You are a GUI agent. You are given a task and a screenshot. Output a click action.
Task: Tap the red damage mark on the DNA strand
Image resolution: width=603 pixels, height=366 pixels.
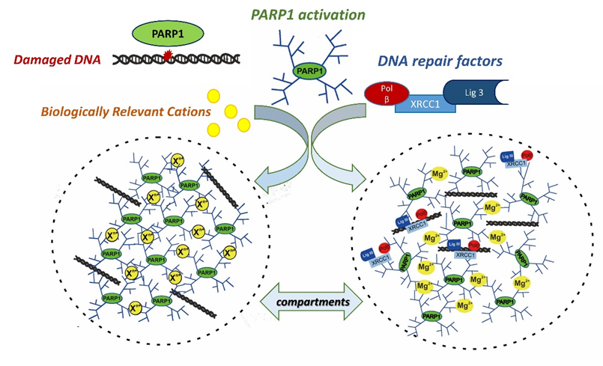(168, 55)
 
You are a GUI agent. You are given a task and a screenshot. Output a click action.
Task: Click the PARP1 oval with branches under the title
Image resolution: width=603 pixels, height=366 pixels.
(302, 71)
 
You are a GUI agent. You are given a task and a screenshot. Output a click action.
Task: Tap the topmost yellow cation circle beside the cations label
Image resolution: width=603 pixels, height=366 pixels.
(213, 96)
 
